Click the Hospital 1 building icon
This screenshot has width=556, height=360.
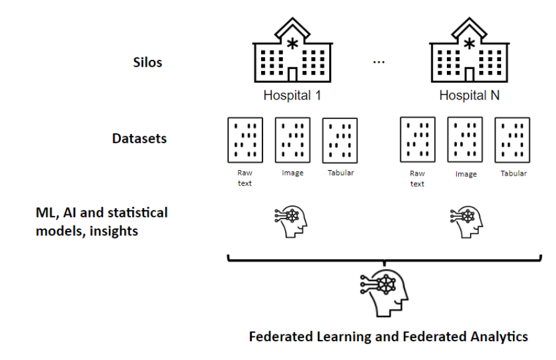(x=292, y=52)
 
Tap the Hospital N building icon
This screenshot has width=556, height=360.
(x=469, y=52)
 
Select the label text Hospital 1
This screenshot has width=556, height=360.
(x=292, y=96)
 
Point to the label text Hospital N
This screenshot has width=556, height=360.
(x=469, y=96)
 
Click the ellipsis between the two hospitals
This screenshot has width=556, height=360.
(x=379, y=62)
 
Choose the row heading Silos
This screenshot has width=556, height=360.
(x=148, y=62)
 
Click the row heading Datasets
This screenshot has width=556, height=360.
(x=140, y=138)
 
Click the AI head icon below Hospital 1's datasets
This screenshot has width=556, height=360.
(x=292, y=222)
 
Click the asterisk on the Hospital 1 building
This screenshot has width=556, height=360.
(x=292, y=43)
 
